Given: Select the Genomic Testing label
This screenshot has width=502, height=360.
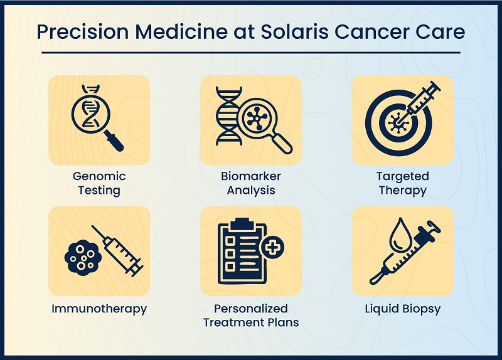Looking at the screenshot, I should click(99, 183).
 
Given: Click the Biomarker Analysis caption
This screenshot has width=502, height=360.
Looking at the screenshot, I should click(251, 183).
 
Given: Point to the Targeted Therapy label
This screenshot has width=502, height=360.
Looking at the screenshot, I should click(402, 183).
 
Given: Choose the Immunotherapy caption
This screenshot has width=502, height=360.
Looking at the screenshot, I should click(99, 309).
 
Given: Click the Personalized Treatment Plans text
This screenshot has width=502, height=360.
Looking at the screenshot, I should click(251, 315).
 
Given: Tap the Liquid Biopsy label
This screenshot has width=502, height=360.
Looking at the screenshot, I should click(402, 309).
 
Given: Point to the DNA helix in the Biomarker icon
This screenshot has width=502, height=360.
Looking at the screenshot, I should click(227, 117).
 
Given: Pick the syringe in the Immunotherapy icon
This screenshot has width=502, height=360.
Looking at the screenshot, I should click(122, 254).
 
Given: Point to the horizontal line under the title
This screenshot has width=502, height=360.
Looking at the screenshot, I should click(251, 53).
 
